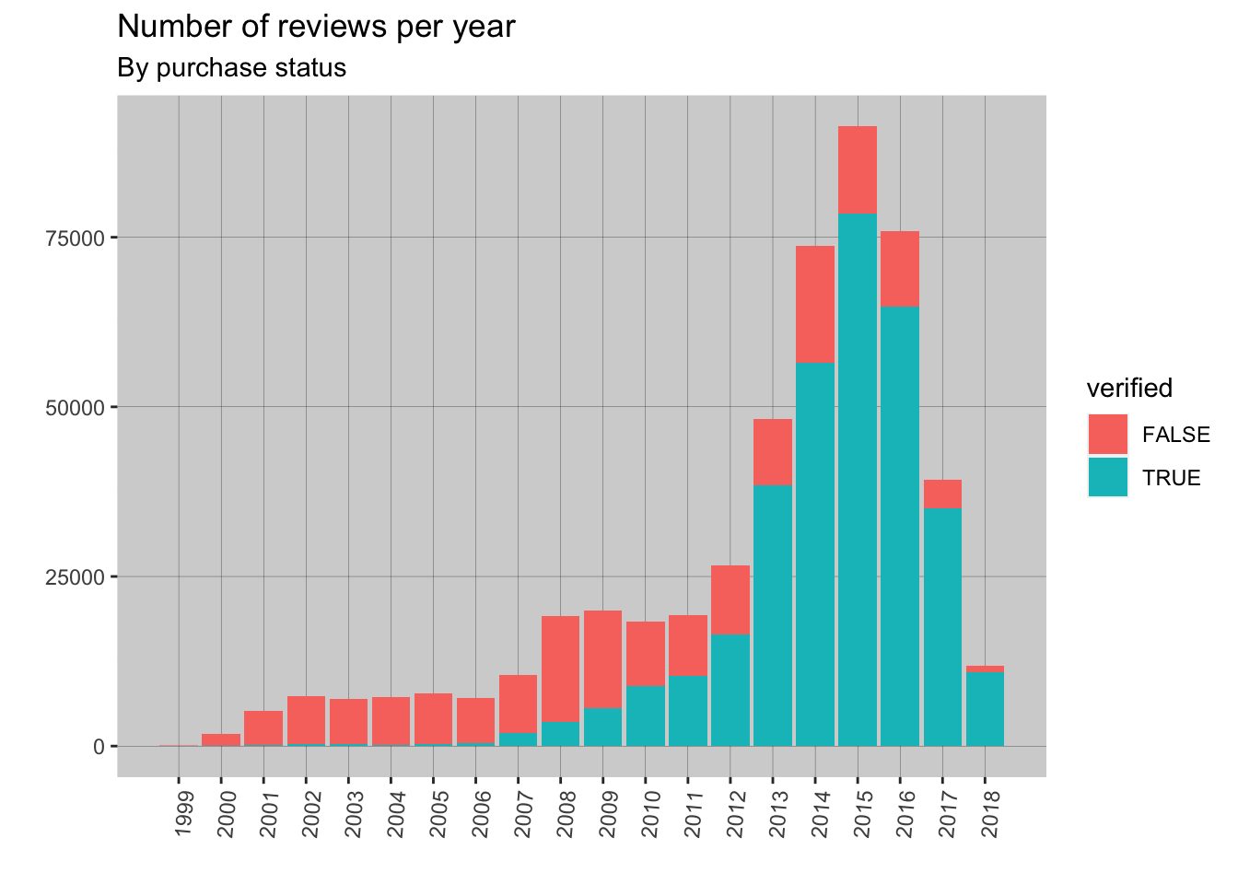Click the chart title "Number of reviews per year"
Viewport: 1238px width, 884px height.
click(x=316, y=27)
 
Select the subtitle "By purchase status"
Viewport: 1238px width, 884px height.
click(x=232, y=68)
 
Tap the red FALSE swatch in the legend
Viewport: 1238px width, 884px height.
click(x=1107, y=434)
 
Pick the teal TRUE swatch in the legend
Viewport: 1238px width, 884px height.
click(x=1107, y=477)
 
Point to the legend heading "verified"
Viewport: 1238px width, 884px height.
click(x=1129, y=389)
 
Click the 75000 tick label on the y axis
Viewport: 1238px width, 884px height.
click(x=76, y=238)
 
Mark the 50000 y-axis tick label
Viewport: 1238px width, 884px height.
click(x=76, y=407)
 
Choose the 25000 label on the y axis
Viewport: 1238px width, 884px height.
click(x=76, y=577)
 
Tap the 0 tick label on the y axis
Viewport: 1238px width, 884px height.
click(x=99, y=747)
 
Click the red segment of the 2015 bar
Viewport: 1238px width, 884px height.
click(x=858, y=169)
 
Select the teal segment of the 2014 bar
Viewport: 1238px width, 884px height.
click(x=815, y=552)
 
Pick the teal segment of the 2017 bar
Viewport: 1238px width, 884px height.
click(x=942, y=626)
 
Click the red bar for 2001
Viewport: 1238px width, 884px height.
click(x=263, y=727)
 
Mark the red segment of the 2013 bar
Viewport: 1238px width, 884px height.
click(x=773, y=452)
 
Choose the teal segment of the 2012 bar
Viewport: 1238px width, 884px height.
click(x=730, y=691)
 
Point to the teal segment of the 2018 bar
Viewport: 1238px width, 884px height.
click(x=985, y=709)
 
